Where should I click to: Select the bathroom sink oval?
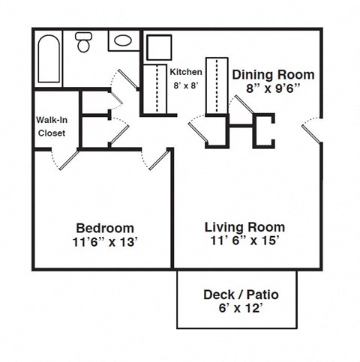click(x=123, y=40)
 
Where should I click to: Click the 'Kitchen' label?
click(x=186, y=72)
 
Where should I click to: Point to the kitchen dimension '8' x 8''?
click(x=186, y=85)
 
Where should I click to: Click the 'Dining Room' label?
click(x=273, y=75)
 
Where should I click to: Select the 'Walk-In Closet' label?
click(x=51, y=127)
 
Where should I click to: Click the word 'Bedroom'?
click(x=105, y=228)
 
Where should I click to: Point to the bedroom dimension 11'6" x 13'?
click(x=105, y=241)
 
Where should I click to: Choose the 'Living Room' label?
click(x=244, y=227)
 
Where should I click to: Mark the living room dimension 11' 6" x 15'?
click(x=244, y=241)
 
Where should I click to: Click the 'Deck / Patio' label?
click(x=235, y=295)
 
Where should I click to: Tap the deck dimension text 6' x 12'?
click(x=235, y=308)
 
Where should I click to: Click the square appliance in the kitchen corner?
click(x=159, y=46)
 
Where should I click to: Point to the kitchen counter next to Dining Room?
click(x=216, y=84)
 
